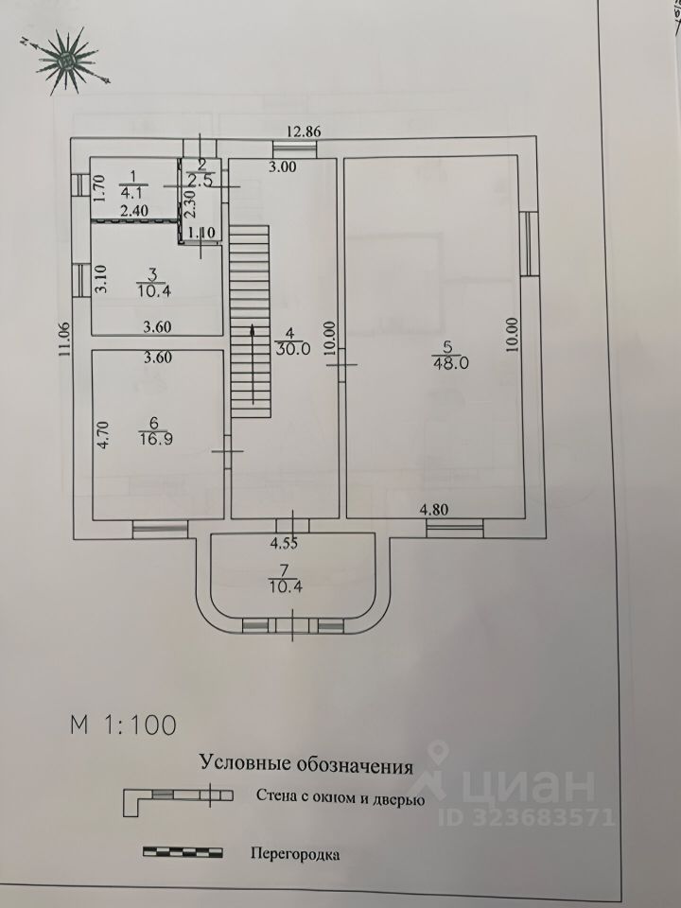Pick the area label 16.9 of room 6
(149, 439)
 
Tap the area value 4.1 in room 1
(133, 187)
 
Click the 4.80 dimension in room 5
(435, 510)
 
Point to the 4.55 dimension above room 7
(284, 544)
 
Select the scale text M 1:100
(123, 725)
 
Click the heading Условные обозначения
(306, 764)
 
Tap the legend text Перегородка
(294, 853)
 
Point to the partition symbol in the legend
(183, 852)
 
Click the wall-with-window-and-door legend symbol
(175, 796)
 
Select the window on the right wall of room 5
(530, 240)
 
